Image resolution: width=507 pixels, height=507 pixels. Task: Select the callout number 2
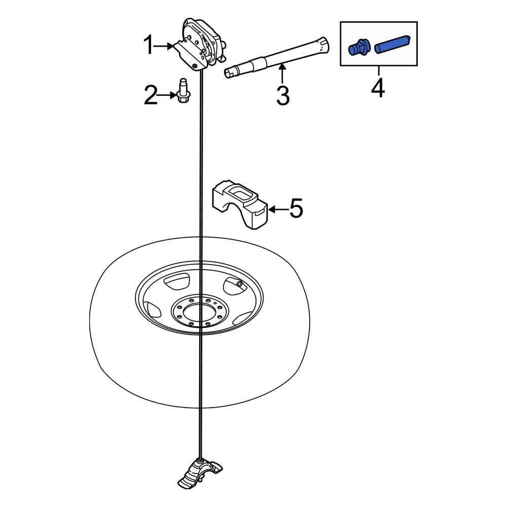pos(151,95)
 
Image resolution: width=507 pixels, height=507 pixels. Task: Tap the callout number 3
pos(282,95)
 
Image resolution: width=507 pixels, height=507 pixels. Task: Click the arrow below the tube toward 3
pos(282,74)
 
